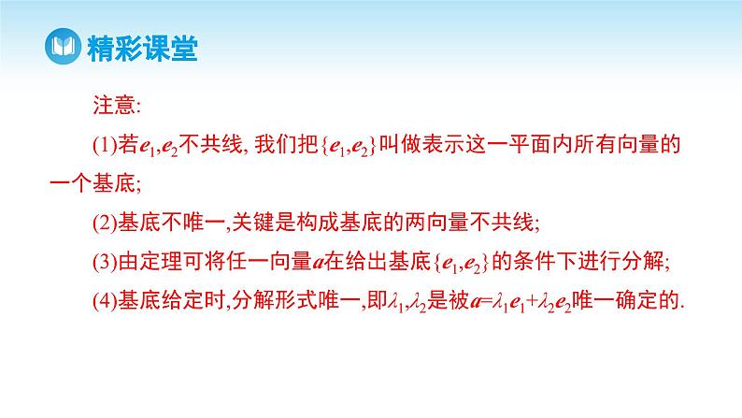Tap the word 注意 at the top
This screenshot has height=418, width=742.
[111, 103]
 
